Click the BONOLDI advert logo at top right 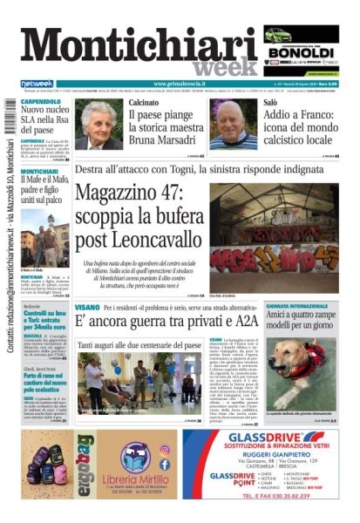[x=302, y=51]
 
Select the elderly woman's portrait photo [x=98, y=126]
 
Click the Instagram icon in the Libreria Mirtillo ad [x=166, y=450]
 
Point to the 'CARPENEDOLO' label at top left [x=43, y=101]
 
